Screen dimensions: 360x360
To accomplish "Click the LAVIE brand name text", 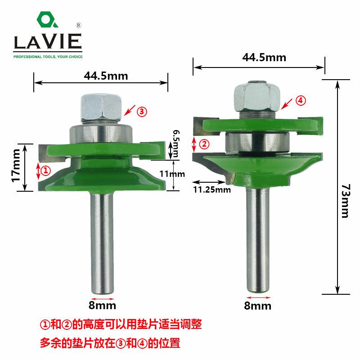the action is point(48,41).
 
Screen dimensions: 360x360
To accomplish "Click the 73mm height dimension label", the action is point(345,201).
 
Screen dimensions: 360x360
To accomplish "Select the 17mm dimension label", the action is point(16,166).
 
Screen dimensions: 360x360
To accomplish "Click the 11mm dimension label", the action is point(172,174).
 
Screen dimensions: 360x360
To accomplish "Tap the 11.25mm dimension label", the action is point(211,190).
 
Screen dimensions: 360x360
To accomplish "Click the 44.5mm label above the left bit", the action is point(106,76).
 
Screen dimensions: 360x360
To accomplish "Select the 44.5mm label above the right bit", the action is point(264,58).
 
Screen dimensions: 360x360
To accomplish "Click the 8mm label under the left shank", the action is point(102,306).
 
